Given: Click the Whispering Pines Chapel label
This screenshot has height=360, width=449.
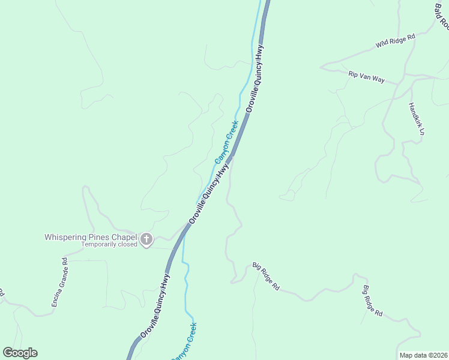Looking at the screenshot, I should [91, 237].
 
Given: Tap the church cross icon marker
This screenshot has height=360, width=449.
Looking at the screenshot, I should [146, 240].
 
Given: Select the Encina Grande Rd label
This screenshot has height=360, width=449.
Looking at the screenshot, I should [59, 283].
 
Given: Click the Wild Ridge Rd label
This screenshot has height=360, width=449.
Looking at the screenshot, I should [396, 41].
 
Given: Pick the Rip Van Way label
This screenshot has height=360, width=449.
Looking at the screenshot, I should [366, 77].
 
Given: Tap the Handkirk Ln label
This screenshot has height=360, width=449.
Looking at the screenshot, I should [417, 118].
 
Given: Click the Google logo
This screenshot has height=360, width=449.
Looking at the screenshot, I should [20, 353].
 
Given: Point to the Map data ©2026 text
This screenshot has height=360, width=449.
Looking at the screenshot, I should [423, 355].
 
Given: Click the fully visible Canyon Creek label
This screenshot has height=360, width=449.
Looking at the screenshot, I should [227, 142].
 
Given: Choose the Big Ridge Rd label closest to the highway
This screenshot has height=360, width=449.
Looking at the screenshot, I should [266, 277].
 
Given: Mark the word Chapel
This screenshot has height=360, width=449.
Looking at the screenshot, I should [124, 237].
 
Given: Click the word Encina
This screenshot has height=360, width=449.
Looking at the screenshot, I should [56, 295].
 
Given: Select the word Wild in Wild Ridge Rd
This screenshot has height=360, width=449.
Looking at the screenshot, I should [383, 44].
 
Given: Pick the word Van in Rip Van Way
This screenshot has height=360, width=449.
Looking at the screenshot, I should [366, 77].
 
